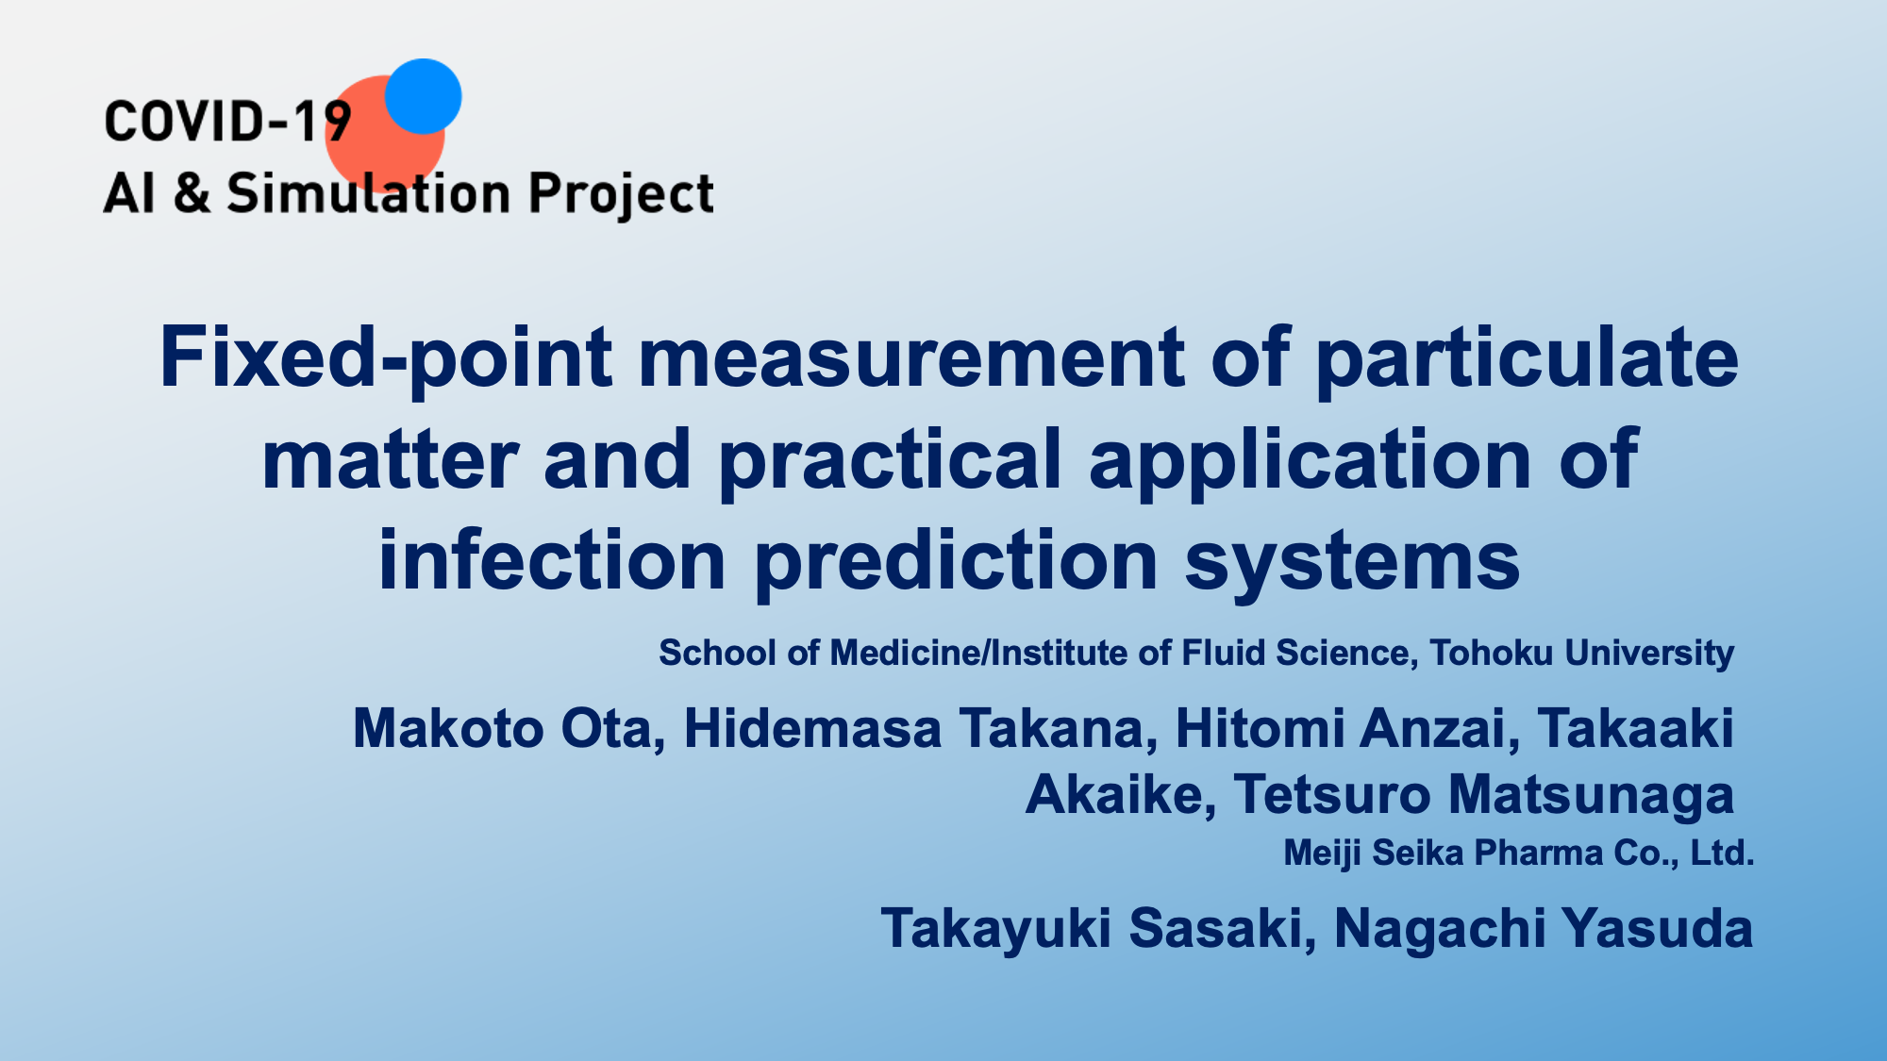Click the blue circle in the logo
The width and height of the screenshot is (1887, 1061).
424,96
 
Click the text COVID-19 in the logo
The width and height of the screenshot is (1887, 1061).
227,123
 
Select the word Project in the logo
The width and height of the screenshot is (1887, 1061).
621,195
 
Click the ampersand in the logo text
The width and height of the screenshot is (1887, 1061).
192,193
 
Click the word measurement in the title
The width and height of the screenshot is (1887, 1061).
911,358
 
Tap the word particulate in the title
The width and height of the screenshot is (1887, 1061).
1527,358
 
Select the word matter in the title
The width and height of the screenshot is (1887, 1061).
390,460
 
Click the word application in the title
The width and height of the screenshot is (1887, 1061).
1311,460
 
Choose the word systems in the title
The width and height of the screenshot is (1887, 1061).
1352,563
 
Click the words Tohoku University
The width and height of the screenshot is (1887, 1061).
1581,653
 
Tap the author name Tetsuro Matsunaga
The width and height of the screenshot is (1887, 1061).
1483,795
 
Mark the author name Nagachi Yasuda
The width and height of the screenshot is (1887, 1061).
1544,929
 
